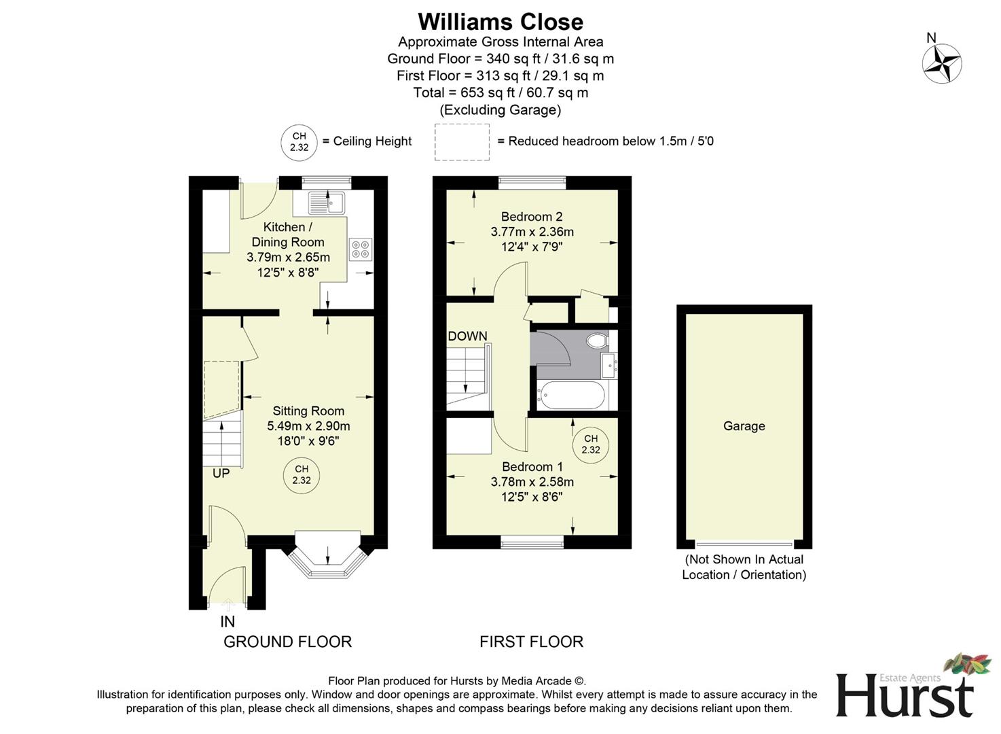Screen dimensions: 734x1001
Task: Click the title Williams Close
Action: pos(500,22)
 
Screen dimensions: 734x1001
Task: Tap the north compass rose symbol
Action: pos(941,64)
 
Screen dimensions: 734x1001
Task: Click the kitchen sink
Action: pos(327,201)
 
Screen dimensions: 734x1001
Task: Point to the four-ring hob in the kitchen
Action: pos(360,249)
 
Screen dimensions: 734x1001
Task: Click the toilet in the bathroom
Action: pos(597,340)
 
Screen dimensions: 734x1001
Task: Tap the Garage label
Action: pos(744,426)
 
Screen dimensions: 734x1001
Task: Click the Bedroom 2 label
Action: pos(532,217)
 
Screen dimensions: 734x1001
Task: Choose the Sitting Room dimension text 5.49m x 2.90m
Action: pos(308,426)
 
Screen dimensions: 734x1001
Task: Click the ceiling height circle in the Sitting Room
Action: pos(302,474)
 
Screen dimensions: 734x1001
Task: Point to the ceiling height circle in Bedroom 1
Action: pos(591,444)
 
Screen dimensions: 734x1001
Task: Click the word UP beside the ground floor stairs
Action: pos(221,473)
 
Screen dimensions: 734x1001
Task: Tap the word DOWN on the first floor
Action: pos(467,336)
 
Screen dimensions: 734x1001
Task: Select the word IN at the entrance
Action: pos(227,621)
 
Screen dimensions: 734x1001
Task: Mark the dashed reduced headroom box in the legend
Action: pos(462,142)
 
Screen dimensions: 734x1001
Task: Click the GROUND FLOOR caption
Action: pos(287,642)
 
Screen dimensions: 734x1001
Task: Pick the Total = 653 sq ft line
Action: pos(500,92)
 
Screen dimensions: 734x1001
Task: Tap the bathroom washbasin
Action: pos(608,366)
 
